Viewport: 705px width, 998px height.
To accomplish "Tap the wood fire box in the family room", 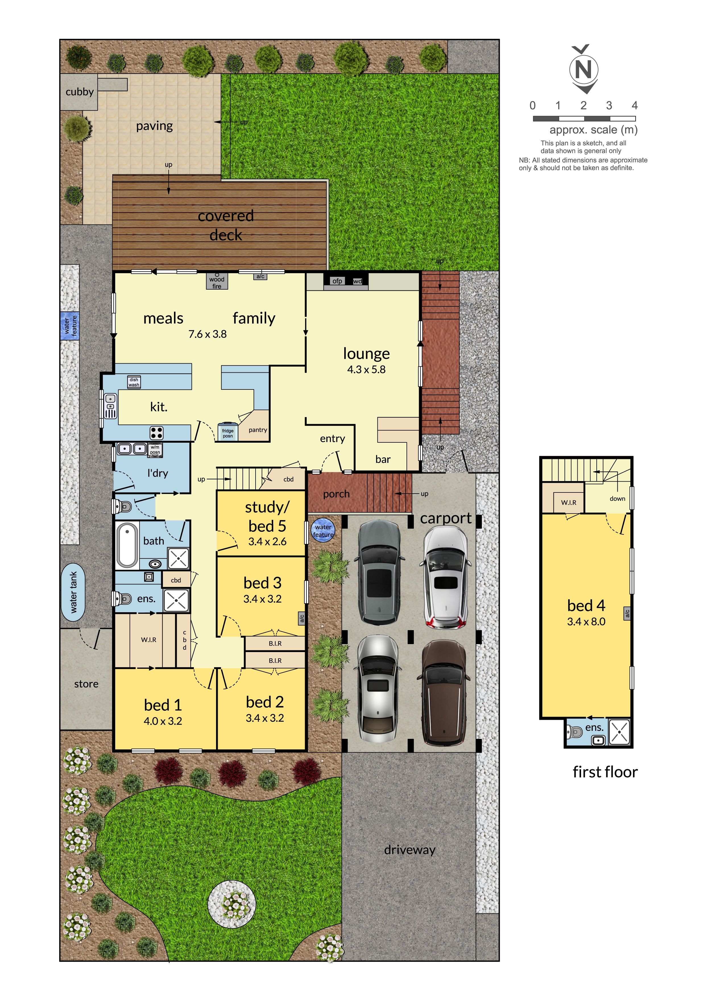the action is (217, 281).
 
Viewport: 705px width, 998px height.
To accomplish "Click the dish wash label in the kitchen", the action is (134, 382).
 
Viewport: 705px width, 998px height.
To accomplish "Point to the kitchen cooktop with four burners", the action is (156, 433).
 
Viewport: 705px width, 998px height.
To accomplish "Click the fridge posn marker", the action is (228, 432).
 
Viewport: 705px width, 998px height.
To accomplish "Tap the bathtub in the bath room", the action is (127, 545).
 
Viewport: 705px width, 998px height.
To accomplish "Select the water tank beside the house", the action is (73, 592).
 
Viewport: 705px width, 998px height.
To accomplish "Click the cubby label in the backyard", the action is (80, 92).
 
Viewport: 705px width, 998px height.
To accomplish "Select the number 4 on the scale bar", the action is (634, 106).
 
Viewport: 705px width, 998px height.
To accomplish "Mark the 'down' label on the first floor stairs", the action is (617, 498).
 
